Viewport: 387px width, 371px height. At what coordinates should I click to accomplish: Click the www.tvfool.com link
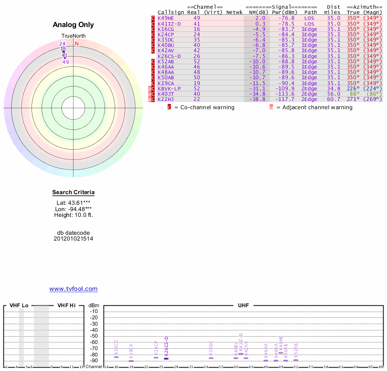tap(74, 289)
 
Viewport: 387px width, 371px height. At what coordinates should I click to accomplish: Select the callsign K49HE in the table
tap(166, 18)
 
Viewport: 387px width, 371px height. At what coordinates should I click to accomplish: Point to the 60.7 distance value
tap(333, 99)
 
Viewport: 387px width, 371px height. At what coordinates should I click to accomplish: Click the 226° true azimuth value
tap(354, 88)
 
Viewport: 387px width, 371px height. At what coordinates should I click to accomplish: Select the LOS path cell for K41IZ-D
tap(309, 24)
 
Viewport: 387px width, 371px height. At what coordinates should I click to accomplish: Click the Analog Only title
tap(74, 25)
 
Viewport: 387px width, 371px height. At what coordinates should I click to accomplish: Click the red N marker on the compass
tap(76, 43)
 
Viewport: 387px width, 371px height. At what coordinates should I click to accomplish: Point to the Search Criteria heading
tap(74, 193)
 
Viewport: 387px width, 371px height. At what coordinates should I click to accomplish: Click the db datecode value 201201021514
tap(74, 239)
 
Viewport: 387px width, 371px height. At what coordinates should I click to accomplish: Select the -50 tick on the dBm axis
tap(94, 336)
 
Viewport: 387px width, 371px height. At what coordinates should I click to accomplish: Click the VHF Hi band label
tap(66, 305)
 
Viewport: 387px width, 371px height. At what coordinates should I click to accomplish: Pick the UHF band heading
tap(243, 305)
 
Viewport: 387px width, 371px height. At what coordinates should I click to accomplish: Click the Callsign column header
tap(171, 12)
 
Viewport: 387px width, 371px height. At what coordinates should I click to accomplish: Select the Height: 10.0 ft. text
tap(74, 215)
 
